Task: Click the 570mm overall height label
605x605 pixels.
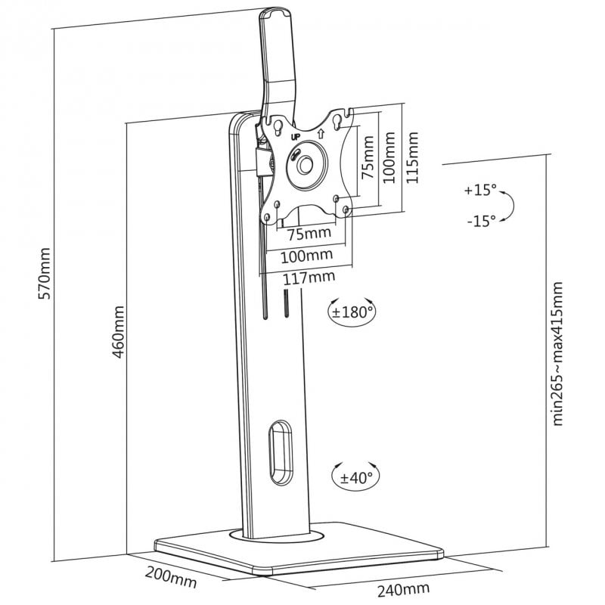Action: click(45, 274)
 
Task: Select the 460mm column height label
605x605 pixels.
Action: click(119, 332)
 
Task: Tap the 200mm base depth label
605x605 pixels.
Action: click(171, 577)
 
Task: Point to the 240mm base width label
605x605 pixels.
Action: click(403, 589)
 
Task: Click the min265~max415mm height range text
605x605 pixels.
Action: click(557, 353)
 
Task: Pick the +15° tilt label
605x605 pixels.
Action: click(480, 191)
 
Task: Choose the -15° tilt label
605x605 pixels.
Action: click(481, 221)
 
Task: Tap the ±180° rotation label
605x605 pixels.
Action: click(352, 312)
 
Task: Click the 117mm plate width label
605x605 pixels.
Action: click(309, 278)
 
